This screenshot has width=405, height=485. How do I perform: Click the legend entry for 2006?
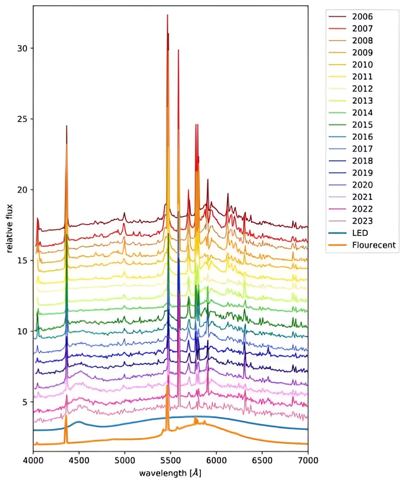(362, 16)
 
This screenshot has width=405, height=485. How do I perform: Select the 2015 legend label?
(362, 125)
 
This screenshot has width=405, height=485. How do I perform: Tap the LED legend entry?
(360, 233)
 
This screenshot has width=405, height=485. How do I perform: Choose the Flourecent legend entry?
(374, 245)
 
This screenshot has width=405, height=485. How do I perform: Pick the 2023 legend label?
(362, 221)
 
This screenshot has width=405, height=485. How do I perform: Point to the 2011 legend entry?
(362, 77)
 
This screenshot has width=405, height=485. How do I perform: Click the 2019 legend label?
(362, 173)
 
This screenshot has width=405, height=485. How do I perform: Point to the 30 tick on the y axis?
(22, 48)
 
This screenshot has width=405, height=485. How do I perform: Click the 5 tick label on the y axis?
(25, 402)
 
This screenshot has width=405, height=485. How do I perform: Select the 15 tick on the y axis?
(22, 260)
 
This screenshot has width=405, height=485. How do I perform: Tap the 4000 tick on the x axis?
(33, 460)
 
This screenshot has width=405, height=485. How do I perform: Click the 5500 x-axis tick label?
(171, 460)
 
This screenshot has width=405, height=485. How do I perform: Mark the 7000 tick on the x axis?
(308, 460)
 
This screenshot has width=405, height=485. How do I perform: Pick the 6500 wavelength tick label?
(262, 460)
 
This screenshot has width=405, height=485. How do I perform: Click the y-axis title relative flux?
(9, 228)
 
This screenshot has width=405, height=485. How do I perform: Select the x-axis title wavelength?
(170, 473)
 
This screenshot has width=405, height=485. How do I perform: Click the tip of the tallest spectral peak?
(167, 15)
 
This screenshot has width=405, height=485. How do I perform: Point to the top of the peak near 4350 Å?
(66, 126)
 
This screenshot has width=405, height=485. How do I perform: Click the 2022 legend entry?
(362, 209)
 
